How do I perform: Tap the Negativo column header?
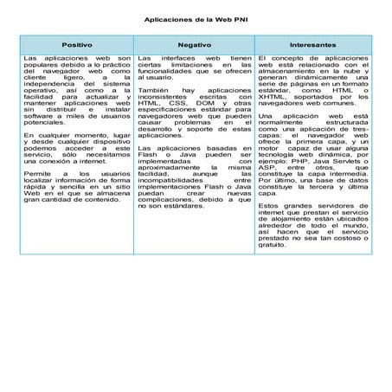click(x=195, y=43)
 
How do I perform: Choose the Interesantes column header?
click(x=312, y=43)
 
